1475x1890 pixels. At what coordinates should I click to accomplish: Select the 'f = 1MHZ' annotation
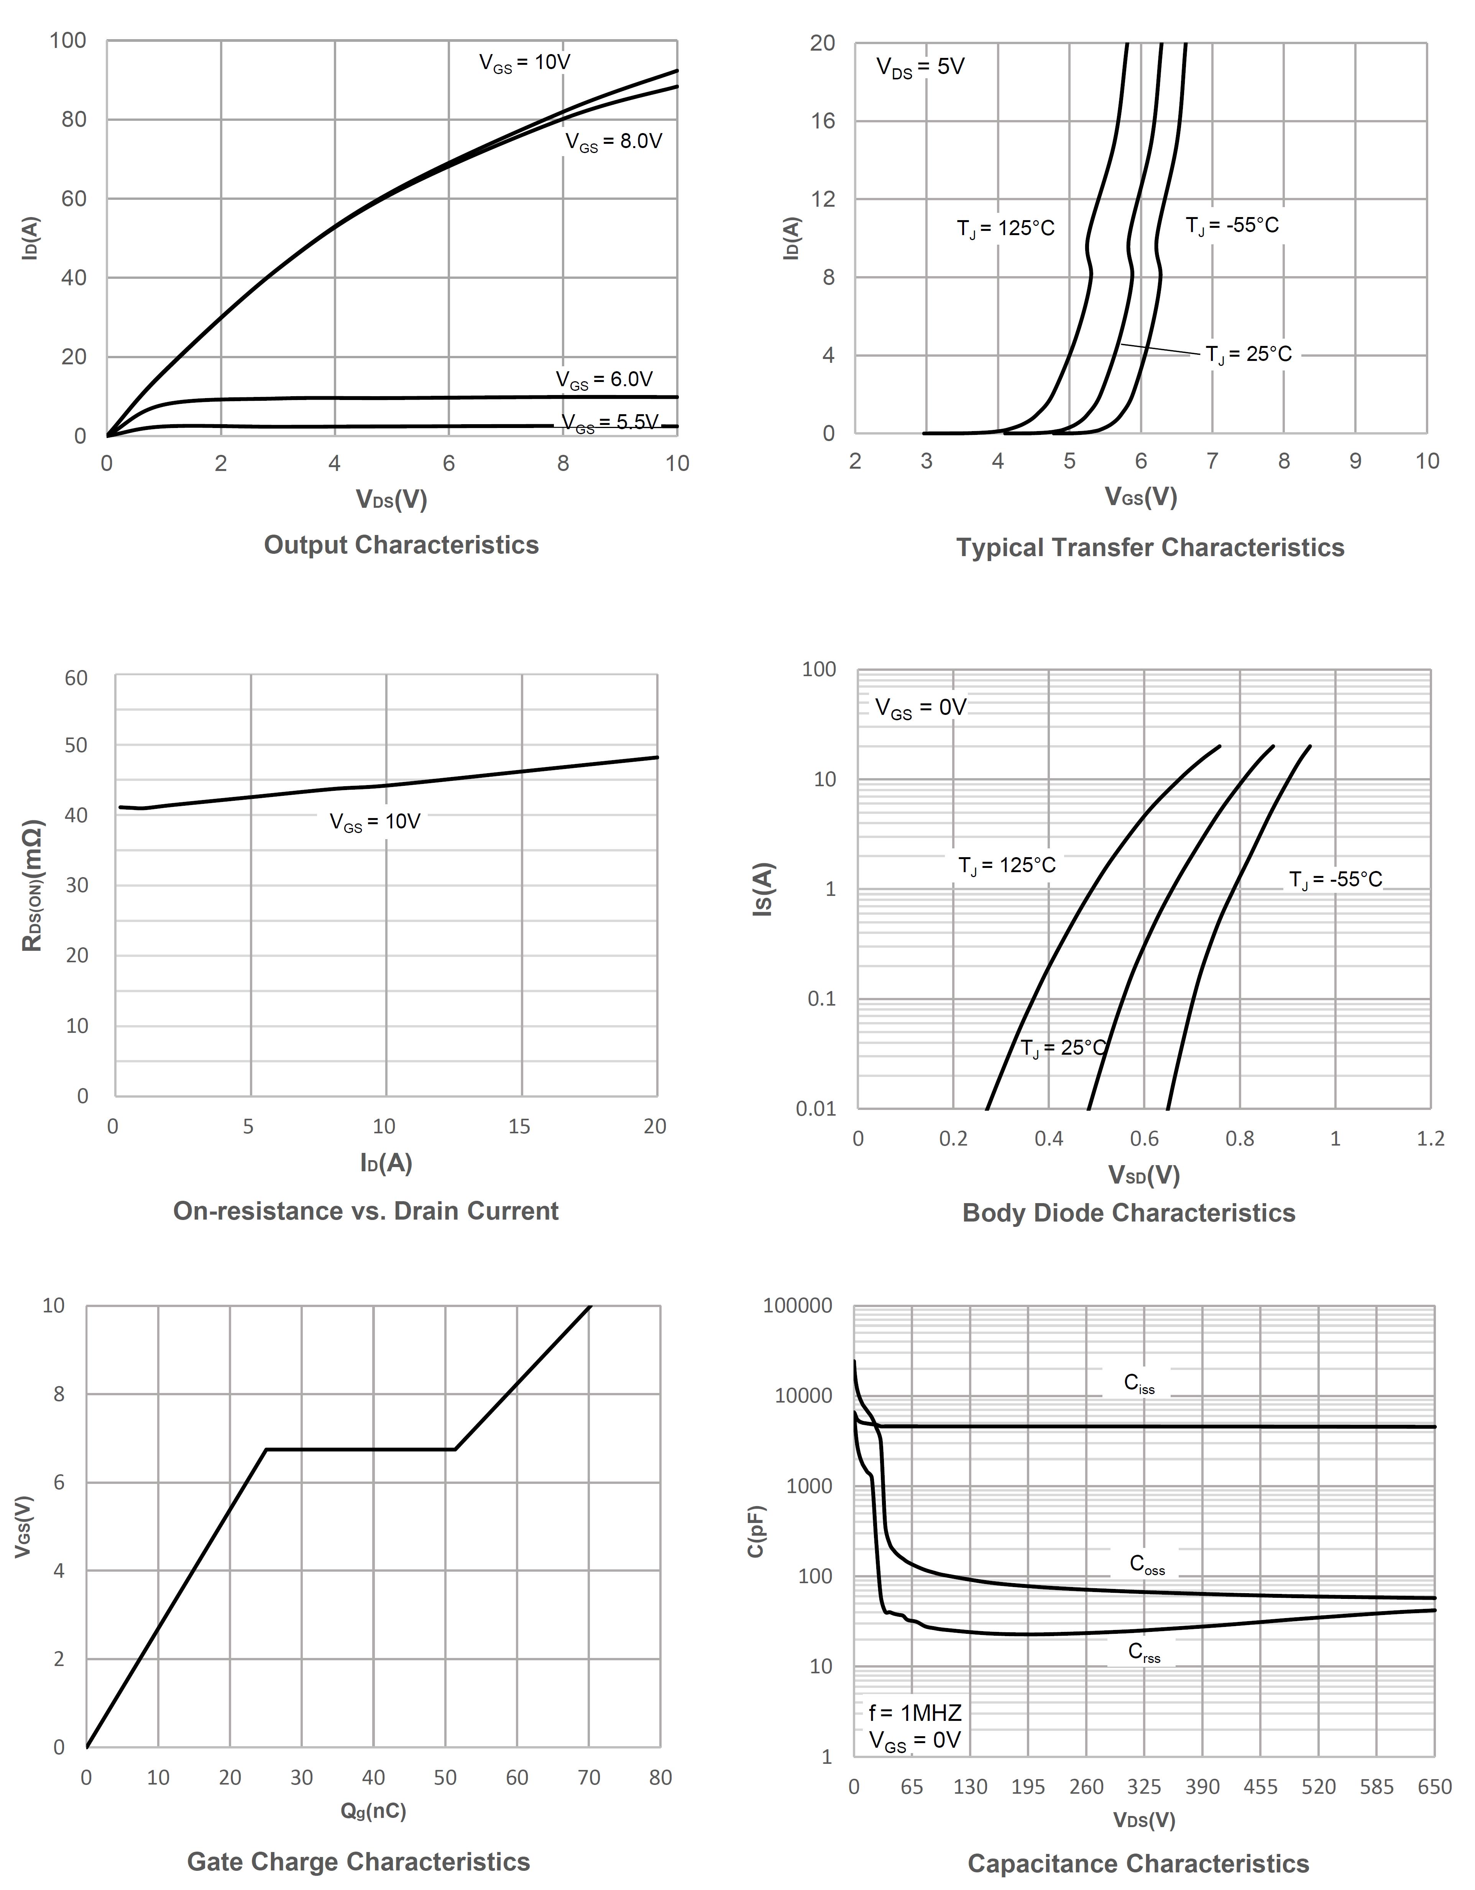coord(915,1712)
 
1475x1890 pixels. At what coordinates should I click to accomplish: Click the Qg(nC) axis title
coord(373,1810)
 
